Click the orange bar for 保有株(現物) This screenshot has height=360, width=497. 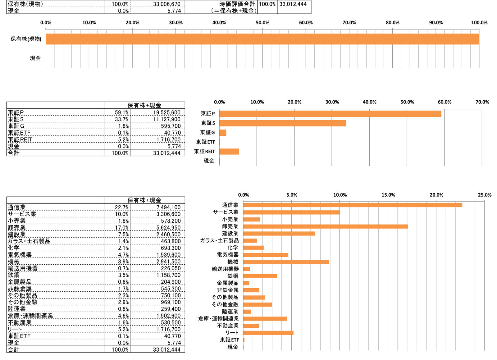pyautogui.click(x=262, y=39)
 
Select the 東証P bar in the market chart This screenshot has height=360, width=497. pyautogui.click(x=330, y=114)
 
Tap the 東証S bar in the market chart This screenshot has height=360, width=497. pyautogui.click(x=282, y=123)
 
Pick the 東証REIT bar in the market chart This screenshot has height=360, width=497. pyautogui.click(x=229, y=152)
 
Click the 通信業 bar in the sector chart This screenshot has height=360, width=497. pyautogui.click(x=352, y=205)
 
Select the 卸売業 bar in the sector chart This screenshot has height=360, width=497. pyautogui.click(x=325, y=226)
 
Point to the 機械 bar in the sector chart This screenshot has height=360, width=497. pyautogui.click(x=286, y=262)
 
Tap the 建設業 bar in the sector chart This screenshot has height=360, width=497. pyautogui.click(x=279, y=234)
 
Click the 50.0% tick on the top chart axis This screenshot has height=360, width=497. pyautogui.click(x=262, y=23)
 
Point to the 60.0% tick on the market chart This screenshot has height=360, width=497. pyautogui.click(x=445, y=102)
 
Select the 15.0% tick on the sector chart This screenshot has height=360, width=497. pyautogui.click(x=388, y=195)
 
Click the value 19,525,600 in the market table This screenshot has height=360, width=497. pyautogui.click(x=167, y=113)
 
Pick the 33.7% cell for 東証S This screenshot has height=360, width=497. pyautogui.click(x=122, y=120)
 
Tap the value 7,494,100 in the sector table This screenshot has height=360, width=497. pyautogui.click(x=168, y=207)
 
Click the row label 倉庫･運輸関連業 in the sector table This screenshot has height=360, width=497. pyautogui.click(x=30, y=316)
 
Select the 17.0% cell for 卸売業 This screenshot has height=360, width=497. pyautogui.click(x=122, y=228)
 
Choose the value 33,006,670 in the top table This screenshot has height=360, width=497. pyautogui.click(x=167, y=4)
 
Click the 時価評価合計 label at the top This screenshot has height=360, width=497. pyautogui.click(x=237, y=4)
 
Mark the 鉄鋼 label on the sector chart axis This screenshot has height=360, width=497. pyautogui.click(x=233, y=276)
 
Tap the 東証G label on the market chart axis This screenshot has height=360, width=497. pyautogui.click(x=207, y=133)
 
